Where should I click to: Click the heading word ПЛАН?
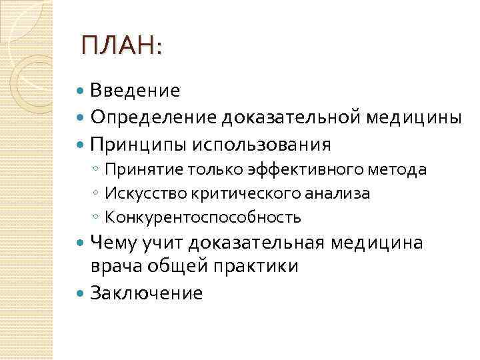point(119,47)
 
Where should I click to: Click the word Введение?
point(135,90)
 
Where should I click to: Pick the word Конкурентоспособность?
point(203,217)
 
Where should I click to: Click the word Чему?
point(113,242)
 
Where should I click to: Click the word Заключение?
point(147,293)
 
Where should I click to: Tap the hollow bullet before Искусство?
point(97,194)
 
